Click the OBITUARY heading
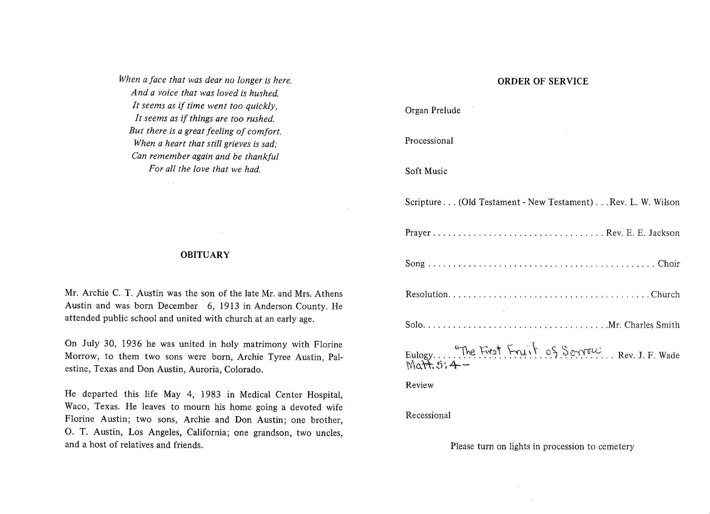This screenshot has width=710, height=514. coord(205,255)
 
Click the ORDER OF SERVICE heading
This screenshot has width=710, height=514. coord(543,81)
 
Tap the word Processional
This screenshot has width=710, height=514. coord(429,141)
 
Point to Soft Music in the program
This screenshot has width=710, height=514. coord(426,171)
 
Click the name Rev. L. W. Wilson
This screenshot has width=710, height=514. coord(644,202)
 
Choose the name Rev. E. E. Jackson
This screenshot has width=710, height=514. coord(642,233)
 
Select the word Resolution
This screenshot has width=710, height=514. coord(427,294)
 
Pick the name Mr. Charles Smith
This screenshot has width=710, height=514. coord(644,325)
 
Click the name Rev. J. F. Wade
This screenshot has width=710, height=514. coord(648,355)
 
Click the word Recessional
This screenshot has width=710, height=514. coord(428,415)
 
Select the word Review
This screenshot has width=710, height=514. coord(419,385)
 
